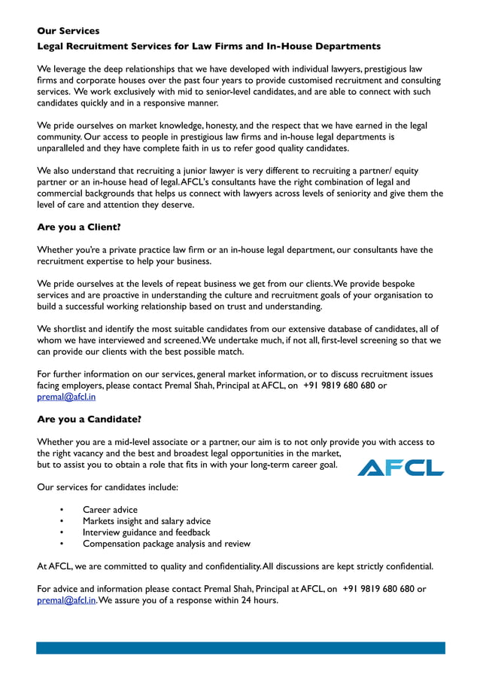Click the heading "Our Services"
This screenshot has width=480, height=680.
[x=68, y=31]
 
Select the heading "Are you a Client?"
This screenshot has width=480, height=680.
[x=79, y=227]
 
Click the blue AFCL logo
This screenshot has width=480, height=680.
[x=400, y=468]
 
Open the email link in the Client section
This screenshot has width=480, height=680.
[x=66, y=397]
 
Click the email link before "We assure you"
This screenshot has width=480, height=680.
[x=66, y=600]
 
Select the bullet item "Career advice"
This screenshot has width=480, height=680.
[x=110, y=510]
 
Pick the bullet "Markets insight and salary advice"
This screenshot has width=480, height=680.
[x=147, y=521]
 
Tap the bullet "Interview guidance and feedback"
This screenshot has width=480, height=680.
[x=146, y=532]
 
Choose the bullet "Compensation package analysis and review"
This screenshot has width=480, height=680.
[x=166, y=544]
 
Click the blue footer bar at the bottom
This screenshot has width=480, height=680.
[x=241, y=648]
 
